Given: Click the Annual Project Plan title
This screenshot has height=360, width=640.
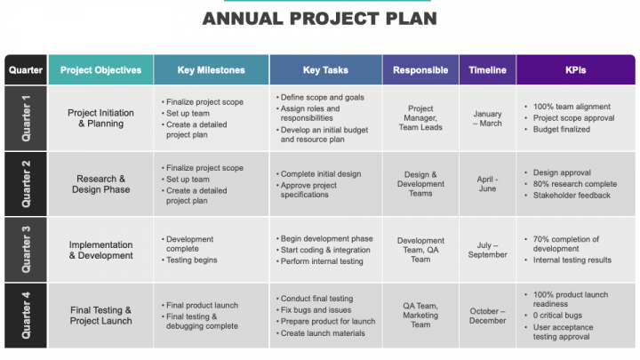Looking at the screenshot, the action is pos(320,19).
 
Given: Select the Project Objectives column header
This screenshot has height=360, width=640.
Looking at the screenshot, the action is pos(100,70).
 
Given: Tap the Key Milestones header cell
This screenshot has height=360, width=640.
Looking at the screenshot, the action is pos(211,70).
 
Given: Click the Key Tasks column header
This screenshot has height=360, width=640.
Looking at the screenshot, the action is pos(325,70).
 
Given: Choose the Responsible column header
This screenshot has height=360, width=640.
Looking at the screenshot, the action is pos(420,70).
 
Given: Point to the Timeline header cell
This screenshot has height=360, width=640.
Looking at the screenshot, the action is pos(487,70).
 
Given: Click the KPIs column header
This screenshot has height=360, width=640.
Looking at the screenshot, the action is pos(575,70).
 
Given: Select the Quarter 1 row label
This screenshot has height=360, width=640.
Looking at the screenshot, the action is pos(26,118).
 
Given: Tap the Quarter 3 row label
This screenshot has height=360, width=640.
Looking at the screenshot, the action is pos(26,250).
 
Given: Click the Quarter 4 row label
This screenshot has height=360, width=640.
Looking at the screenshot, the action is pos(26,315).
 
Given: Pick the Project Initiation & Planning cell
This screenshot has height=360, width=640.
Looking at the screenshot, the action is pos(100,118).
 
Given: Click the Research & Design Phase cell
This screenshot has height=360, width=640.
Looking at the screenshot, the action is pos(100,184).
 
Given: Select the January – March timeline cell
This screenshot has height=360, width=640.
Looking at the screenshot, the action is pos(487,118).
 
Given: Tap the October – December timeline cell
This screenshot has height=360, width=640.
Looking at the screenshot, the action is pos(487,316).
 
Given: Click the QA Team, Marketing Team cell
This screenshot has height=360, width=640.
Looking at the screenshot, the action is pos(420,315).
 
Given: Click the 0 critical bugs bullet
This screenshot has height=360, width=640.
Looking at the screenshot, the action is pos(554,316).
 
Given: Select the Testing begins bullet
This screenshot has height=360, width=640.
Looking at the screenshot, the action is pos(189,260).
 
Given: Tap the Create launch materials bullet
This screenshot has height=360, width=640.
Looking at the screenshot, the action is pos(320,333).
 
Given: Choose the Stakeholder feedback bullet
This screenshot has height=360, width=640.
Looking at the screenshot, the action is pos(568,196).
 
